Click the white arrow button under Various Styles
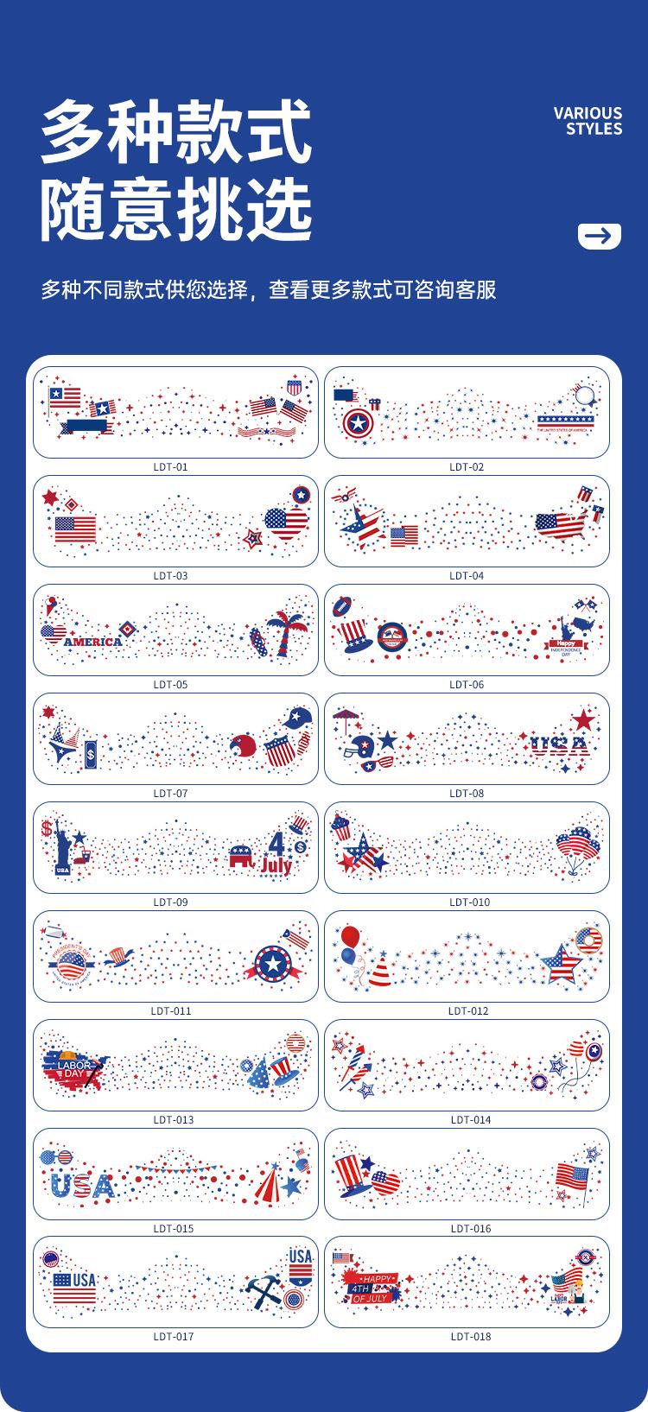(599, 235)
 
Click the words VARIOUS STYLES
(588, 121)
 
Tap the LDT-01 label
(170, 467)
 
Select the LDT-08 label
(467, 793)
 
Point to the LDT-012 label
(468, 1010)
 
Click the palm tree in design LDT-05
(286, 634)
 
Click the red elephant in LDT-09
(244, 857)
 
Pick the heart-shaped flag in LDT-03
(286, 522)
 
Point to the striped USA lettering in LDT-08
(559, 744)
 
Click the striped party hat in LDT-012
(379, 972)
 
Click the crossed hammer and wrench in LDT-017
(260, 1292)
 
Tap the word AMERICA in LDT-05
(93, 642)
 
